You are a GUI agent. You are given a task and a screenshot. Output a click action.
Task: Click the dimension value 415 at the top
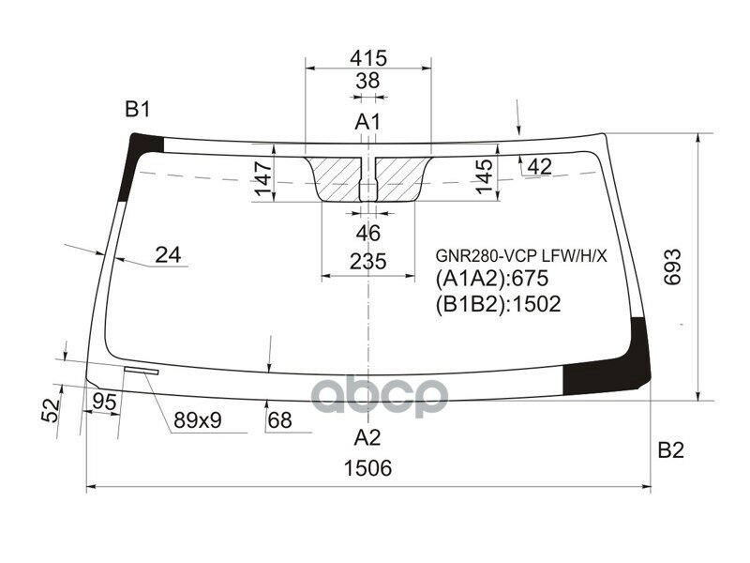(x=368, y=57)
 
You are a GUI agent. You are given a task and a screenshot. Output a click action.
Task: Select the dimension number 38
(x=368, y=82)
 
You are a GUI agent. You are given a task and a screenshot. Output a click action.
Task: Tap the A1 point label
(x=367, y=121)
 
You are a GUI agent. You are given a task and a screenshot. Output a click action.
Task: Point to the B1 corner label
(x=138, y=110)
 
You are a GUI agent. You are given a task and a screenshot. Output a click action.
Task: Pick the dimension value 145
(x=484, y=176)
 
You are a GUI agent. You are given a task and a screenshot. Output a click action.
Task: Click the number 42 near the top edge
(x=539, y=167)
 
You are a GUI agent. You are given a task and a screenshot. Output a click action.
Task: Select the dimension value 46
(x=368, y=233)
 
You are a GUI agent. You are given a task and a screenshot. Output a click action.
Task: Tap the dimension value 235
(x=368, y=261)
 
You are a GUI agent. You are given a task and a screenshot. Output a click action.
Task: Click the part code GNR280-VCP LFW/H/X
(x=520, y=255)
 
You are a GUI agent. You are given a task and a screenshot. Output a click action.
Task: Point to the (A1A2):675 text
(x=490, y=279)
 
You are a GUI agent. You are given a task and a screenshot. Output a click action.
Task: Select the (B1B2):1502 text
(x=497, y=303)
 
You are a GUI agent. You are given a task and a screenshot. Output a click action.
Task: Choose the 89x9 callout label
(x=197, y=420)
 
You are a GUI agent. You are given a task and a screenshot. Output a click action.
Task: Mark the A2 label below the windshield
(x=367, y=436)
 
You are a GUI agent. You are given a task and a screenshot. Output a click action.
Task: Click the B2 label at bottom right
(x=670, y=451)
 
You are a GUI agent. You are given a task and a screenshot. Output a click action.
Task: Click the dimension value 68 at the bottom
(x=278, y=420)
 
